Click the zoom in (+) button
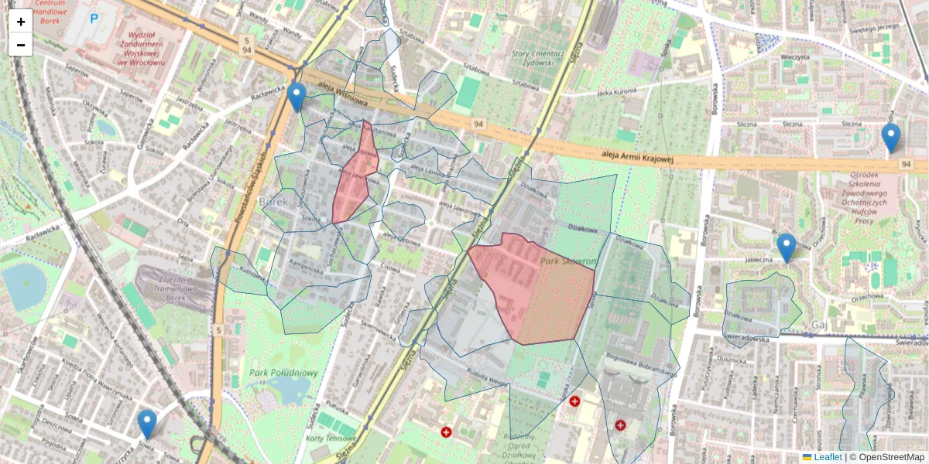pyautogui.click(x=21, y=22)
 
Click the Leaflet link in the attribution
pyautogui.click(x=828, y=457)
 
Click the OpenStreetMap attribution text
pyautogui.click(x=891, y=457)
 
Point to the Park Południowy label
pyautogui.click(x=284, y=373)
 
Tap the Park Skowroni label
pyautogui.click(x=568, y=262)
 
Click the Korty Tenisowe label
pyautogui.click(x=325, y=438)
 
